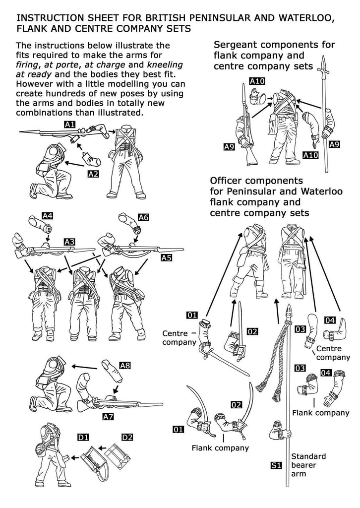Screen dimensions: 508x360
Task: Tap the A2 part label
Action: pyautogui.click(x=93, y=174)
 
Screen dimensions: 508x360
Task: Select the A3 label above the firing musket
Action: pyautogui.click(x=69, y=242)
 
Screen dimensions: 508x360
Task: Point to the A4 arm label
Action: pyautogui.click(x=48, y=216)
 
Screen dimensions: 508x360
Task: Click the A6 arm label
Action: pyautogui.click(x=144, y=217)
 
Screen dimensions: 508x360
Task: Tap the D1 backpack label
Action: pyautogui.click(x=83, y=437)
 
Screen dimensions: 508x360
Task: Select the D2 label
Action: pyautogui.click(x=127, y=437)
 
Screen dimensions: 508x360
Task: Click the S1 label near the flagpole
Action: pyautogui.click(x=276, y=465)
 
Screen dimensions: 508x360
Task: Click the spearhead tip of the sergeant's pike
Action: pyautogui.click(x=325, y=64)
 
